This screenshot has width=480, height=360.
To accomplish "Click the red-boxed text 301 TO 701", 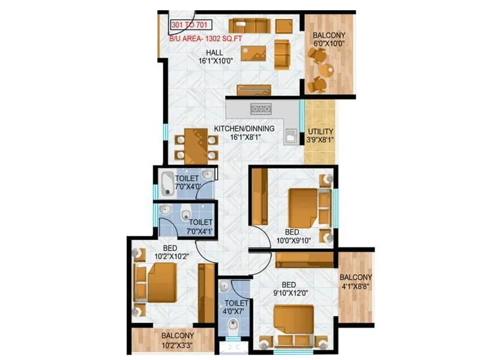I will tap(191, 25).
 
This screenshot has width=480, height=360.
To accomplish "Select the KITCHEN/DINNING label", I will tap(244, 128).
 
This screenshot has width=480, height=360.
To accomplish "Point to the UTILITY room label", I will tap(320, 132).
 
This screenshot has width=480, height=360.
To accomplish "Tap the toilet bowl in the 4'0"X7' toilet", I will tap(233, 326).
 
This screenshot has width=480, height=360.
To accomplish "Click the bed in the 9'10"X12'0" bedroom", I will tap(293, 325).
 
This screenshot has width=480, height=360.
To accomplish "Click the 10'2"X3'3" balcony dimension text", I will tap(173, 346).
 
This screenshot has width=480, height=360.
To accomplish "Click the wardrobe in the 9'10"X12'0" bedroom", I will tap(304, 259).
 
